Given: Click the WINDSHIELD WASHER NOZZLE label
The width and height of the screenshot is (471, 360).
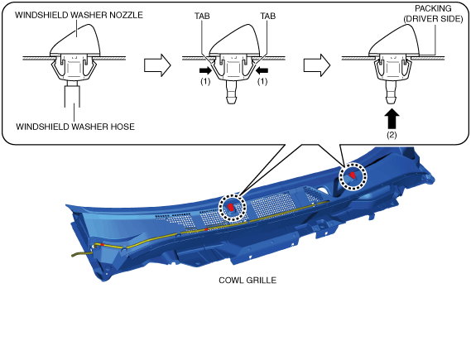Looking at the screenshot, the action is pos(79,15).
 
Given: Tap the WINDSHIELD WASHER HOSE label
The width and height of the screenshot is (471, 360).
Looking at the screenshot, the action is pos(75,127).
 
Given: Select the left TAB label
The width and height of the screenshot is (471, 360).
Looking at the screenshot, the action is pos(202,16).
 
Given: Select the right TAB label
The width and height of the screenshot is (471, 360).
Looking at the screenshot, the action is pos(268,16).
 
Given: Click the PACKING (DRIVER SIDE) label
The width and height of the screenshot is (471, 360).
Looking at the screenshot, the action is pos(433,13).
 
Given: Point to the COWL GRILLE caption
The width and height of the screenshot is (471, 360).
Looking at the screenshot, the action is pos(248,280).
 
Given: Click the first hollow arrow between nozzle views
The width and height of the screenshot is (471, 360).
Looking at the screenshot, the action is pos(157,65).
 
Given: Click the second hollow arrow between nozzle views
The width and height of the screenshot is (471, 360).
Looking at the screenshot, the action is pos(317,65).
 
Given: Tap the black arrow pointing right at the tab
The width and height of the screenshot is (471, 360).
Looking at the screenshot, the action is pos(205,70).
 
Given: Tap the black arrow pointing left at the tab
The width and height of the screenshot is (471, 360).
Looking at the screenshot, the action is pos(262,70).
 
